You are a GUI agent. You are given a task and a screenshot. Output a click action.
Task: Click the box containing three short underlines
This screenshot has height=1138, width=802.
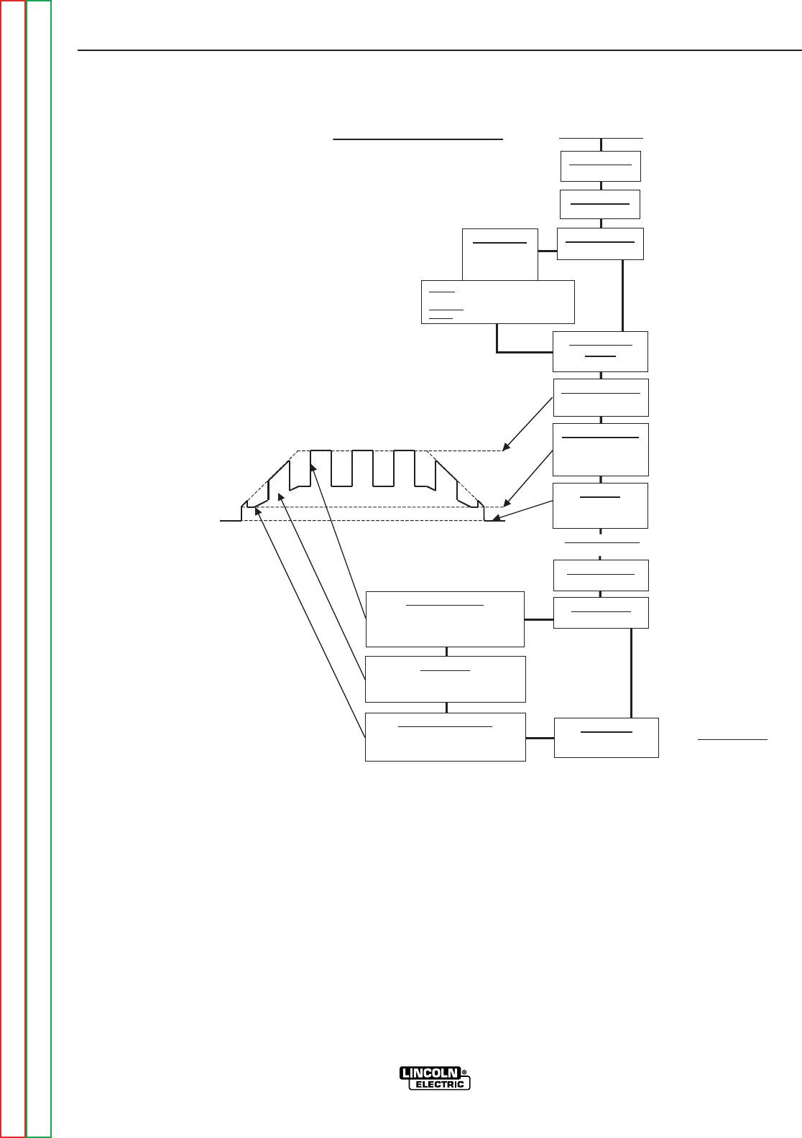point(497,302)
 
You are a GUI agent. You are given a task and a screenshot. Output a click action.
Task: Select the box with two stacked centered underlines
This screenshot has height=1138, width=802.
point(601,351)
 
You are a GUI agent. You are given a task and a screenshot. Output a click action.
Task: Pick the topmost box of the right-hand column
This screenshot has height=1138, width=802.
point(600,166)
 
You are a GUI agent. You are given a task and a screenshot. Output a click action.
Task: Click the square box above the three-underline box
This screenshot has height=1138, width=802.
point(500,254)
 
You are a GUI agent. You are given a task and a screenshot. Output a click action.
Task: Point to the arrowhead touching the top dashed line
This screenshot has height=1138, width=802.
point(507,448)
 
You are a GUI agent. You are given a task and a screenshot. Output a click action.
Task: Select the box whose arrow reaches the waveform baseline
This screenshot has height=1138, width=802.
point(600,505)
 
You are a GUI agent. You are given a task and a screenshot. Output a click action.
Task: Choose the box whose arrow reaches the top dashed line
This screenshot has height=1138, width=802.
point(601,397)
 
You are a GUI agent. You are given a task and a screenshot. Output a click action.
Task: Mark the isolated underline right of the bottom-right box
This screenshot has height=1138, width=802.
point(733,739)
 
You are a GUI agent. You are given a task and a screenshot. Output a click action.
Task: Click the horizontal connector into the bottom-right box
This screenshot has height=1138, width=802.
point(540,738)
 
